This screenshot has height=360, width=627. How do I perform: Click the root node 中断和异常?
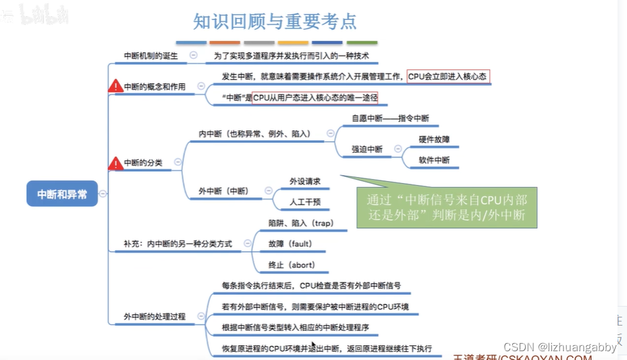point(62,193)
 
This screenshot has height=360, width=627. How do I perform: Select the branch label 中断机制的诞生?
point(151,56)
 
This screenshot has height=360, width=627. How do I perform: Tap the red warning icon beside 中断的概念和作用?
point(115,86)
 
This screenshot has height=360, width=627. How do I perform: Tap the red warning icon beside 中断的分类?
point(115,163)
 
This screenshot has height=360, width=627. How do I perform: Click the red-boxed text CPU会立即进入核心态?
point(447,76)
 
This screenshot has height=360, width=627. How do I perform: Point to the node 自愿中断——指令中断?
point(390,118)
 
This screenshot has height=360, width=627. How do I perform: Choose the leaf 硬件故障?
point(434,139)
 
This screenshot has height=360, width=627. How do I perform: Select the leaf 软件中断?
point(434,160)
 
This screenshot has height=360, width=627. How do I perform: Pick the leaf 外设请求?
point(305,181)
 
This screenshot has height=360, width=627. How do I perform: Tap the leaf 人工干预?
point(305,201)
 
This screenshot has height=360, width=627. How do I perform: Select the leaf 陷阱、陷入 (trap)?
point(301,223)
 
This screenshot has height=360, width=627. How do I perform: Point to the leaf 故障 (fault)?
point(291,243)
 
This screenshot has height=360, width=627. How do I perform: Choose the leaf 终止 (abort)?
point(292,265)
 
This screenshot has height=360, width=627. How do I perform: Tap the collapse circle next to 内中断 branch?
point(330,134)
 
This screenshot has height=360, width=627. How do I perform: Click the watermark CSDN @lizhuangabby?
point(560,347)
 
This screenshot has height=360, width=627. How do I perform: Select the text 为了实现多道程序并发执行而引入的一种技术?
point(292,56)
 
